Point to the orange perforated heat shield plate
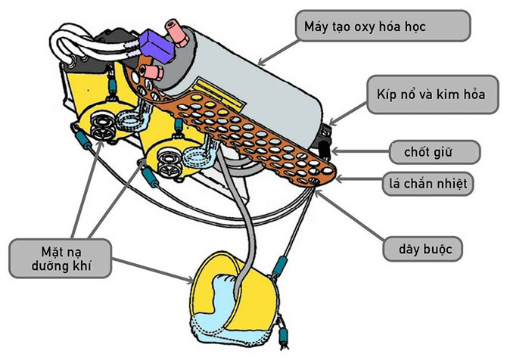(x=250, y=129)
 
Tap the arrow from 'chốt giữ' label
(x=356, y=152)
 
